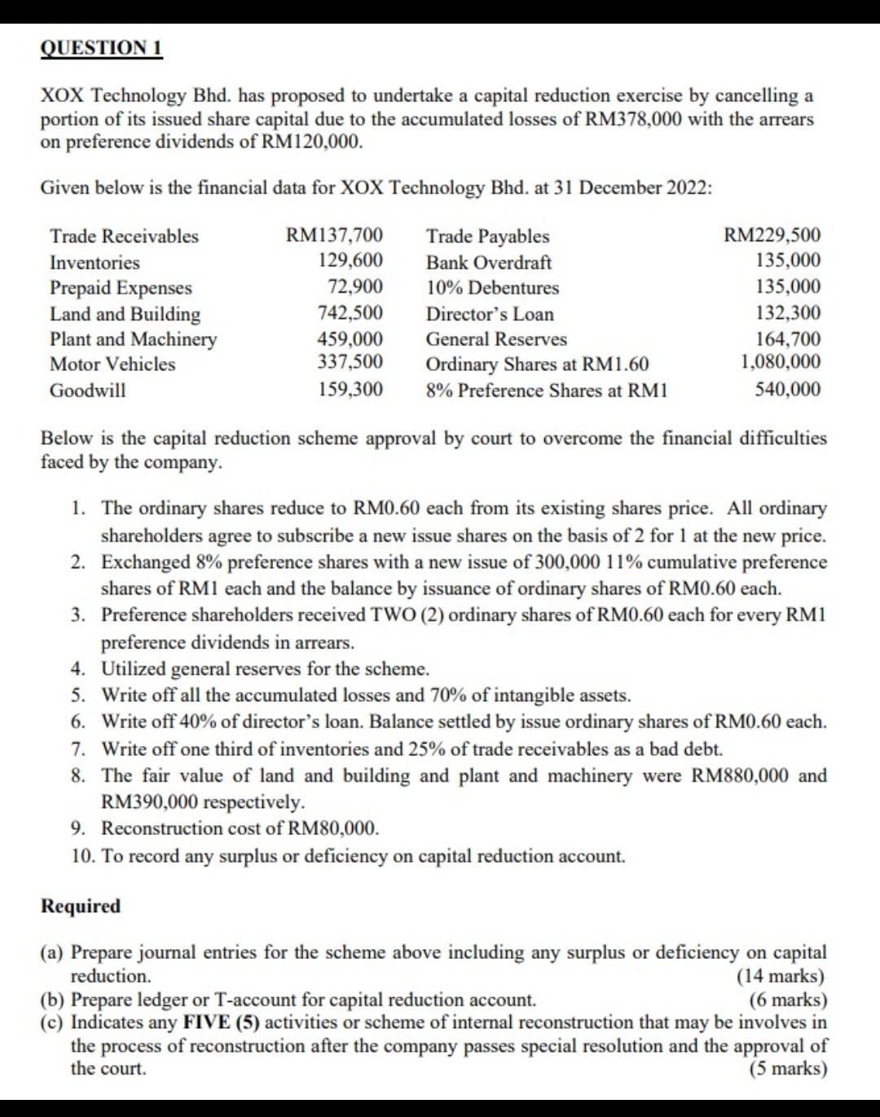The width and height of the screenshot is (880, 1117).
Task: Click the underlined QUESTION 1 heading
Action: tap(102, 48)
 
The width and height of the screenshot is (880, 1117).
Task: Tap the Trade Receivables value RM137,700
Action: tap(334, 236)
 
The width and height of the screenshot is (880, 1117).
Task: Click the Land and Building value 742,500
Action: tap(350, 313)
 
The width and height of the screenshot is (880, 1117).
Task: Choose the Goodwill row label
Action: tap(88, 390)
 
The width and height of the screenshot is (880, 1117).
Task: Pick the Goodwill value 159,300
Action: tap(350, 390)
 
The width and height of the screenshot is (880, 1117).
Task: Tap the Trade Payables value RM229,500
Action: tap(772, 236)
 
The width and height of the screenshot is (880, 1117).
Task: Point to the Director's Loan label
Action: tap(490, 314)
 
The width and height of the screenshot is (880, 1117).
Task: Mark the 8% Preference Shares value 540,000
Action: tap(788, 390)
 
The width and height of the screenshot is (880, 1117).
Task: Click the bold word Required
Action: tap(81, 906)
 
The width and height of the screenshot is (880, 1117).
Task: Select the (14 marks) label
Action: tap(780, 976)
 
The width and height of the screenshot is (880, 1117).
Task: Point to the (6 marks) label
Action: tap(787, 1000)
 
